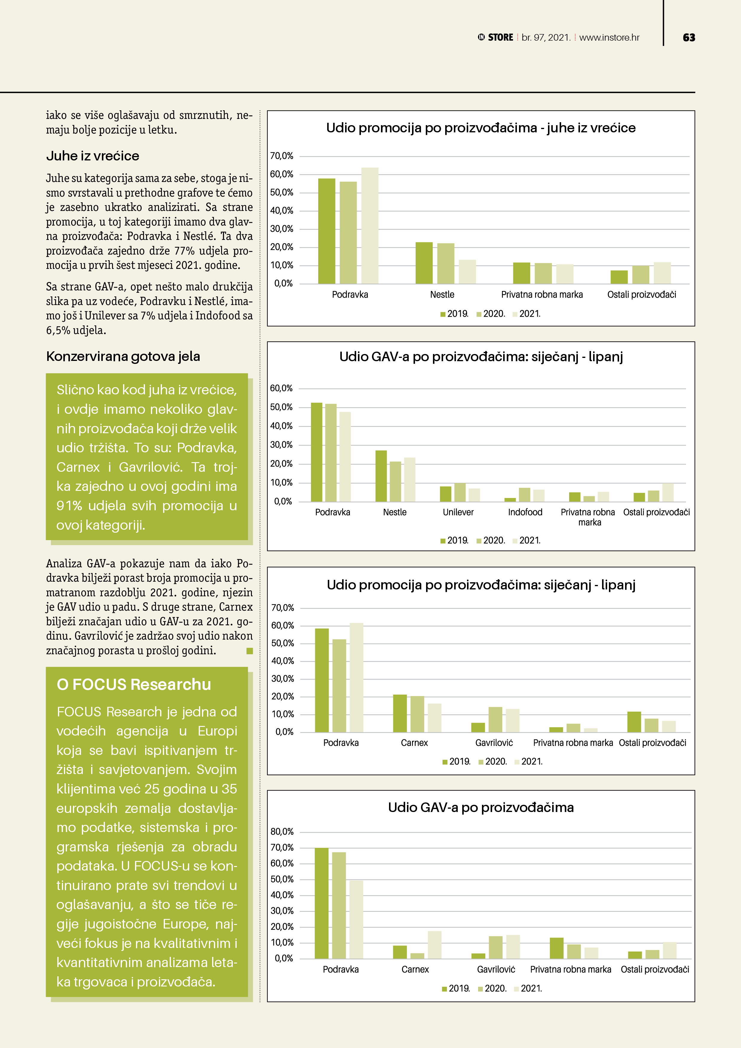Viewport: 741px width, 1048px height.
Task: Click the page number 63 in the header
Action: pos(688,37)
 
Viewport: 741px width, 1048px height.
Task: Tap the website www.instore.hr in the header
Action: pos(609,37)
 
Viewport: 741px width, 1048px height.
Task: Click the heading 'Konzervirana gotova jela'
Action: pos(123,356)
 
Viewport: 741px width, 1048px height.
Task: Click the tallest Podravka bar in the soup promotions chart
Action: pos(370,226)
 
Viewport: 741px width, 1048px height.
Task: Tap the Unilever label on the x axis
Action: pos(458,512)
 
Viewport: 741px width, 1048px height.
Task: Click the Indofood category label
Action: pos(525,512)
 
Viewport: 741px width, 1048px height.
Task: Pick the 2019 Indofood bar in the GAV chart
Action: pos(510,500)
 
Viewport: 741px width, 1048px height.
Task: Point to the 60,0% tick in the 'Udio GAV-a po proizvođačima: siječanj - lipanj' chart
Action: pos(281,388)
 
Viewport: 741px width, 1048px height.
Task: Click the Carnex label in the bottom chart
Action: pos(415,969)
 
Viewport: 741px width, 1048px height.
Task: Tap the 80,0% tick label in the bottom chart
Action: pos(282,832)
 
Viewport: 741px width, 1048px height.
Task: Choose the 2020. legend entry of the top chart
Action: pos(491,314)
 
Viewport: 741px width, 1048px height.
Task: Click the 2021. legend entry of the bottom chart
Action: pos(528,989)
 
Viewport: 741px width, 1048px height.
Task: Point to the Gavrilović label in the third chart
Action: pos(494,743)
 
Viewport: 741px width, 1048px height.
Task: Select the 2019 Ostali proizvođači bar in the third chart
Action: pos(634,722)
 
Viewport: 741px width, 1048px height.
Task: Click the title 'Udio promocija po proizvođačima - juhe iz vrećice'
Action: pos(481,128)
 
